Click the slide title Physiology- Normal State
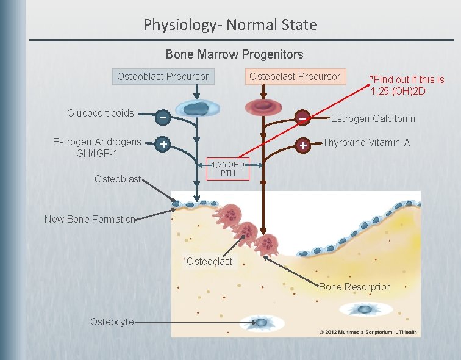[230, 25]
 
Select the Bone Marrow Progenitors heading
[234, 54]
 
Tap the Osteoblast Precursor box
[163, 77]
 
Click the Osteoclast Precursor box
[295, 76]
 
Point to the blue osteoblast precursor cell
[196, 108]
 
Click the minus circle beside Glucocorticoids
[163, 117]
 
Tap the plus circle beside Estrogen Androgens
[163, 145]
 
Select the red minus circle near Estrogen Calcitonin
[302, 117]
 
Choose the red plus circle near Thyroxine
[303, 145]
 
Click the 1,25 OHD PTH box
[229, 169]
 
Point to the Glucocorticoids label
[100, 113]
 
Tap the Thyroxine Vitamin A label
[366, 142]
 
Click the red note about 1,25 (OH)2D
[407, 85]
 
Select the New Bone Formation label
[90, 219]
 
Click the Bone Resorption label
[354, 287]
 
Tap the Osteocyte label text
[112, 322]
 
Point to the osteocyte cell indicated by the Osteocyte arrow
[261, 322]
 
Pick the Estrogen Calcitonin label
[373, 118]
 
